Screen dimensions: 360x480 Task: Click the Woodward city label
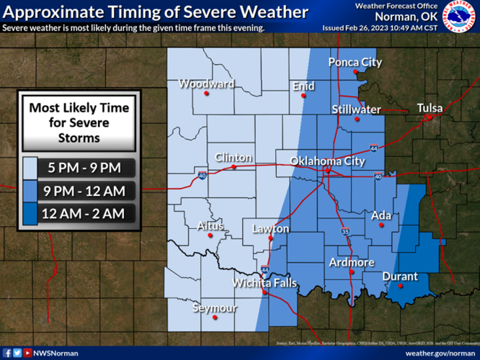[x=206, y=84]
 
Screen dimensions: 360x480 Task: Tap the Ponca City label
[x=355, y=63]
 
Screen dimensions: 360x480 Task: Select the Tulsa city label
[x=430, y=108]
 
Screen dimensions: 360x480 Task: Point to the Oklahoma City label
[x=327, y=161]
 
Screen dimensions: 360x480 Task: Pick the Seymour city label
[x=215, y=308]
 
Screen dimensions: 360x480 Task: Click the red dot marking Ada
[x=381, y=225]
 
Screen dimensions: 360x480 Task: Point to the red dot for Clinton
[x=234, y=167]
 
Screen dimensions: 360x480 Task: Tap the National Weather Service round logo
[x=459, y=17]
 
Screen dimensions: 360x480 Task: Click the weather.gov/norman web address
[x=440, y=353]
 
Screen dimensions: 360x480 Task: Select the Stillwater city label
[x=356, y=109]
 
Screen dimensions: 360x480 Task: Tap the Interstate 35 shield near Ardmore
[x=345, y=232]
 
